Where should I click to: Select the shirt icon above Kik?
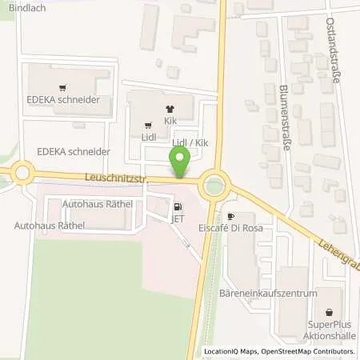point(169,110)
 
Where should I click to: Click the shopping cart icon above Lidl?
point(148,125)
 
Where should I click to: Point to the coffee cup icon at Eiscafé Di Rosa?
point(231,217)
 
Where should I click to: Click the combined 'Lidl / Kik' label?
point(191,142)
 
